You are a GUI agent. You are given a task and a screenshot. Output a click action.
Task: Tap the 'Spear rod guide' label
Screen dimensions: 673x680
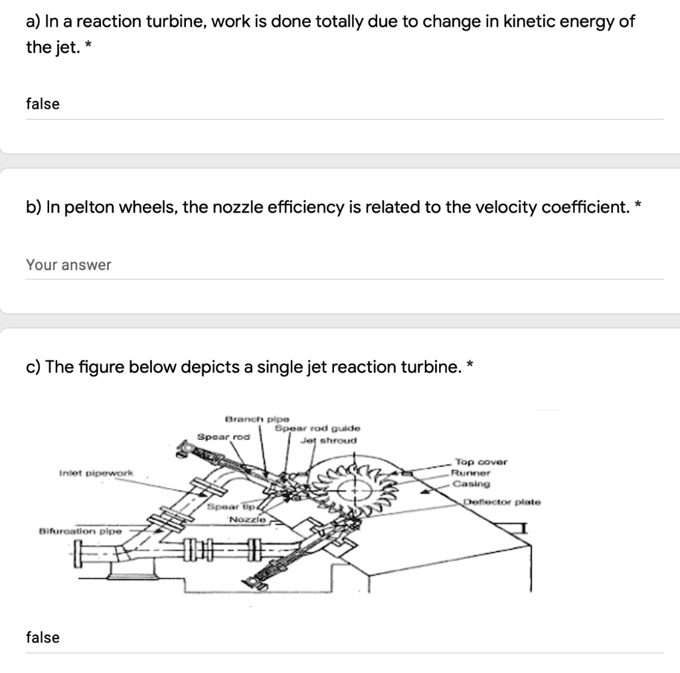coord(318,429)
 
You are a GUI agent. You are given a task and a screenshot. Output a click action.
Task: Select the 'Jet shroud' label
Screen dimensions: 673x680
coord(328,440)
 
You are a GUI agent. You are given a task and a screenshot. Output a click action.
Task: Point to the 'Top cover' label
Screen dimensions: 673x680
coord(480,462)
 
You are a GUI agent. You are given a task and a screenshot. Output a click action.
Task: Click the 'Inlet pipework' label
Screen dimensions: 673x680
coord(96,473)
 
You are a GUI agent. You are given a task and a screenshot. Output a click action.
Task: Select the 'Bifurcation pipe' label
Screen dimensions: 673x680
coord(80,532)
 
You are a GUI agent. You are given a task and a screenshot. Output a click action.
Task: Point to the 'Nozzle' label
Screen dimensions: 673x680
coord(248,518)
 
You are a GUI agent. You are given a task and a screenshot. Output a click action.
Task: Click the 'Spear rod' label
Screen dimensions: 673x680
coord(223,437)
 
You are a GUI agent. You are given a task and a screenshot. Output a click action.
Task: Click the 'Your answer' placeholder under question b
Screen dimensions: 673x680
coord(68,265)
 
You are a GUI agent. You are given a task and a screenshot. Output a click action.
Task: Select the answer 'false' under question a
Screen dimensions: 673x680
coord(42,104)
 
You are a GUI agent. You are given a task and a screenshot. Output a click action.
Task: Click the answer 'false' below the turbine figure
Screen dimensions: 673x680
coord(42,637)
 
